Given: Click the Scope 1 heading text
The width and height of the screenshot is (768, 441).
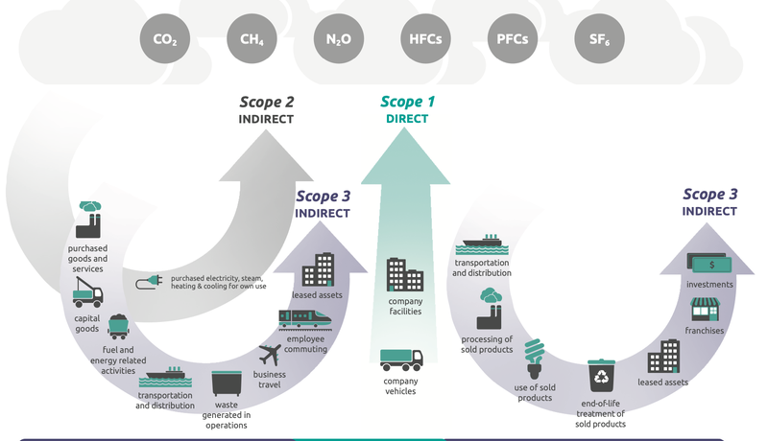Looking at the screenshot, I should pos(408,102).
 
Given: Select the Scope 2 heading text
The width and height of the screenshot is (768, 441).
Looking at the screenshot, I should pos(266,102).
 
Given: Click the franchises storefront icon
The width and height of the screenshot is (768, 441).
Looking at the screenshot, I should pos(706,309).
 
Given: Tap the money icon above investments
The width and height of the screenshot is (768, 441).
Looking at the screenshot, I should pos(710,261).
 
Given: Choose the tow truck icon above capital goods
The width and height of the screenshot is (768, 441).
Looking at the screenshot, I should pos(87,291).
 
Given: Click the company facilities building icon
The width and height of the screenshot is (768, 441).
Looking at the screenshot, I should pos(404,275).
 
